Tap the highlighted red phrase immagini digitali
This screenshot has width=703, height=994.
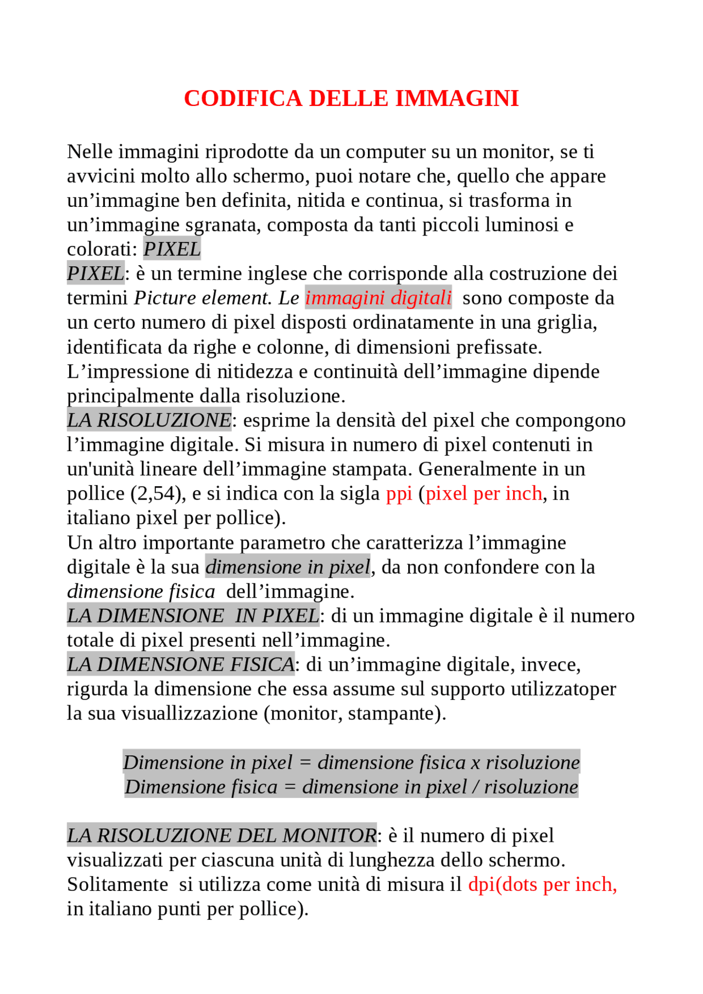pyautogui.click(x=378, y=298)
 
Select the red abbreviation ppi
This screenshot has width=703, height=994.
pyautogui.click(x=399, y=493)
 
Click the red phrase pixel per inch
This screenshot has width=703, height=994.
pyautogui.click(x=484, y=493)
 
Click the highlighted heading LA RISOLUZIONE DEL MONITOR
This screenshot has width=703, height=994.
pyautogui.click(x=222, y=835)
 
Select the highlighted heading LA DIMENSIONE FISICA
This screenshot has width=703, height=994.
pyautogui.click(x=181, y=665)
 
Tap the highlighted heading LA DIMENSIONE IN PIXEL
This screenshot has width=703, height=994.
pyautogui.click(x=193, y=616)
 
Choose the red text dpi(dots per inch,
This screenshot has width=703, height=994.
pyautogui.click(x=542, y=884)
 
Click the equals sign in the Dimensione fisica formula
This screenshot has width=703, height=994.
pyautogui.click(x=289, y=787)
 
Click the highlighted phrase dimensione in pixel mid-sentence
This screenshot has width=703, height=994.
pyautogui.click(x=288, y=567)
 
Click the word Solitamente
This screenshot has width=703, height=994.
pyautogui.click(x=118, y=884)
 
